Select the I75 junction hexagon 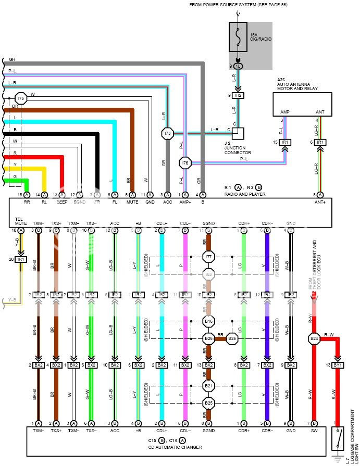click(21, 98)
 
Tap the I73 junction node click(167, 134)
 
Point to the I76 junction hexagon click(185, 163)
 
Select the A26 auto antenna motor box click(302, 104)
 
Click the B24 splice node click(314, 339)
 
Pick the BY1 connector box click(338, 365)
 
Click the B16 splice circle click(208, 322)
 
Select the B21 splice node click(208, 386)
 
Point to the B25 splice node click(208, 403)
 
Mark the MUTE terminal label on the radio click(132, 201)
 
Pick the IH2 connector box click(238, 95)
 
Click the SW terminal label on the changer click(314, 430)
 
